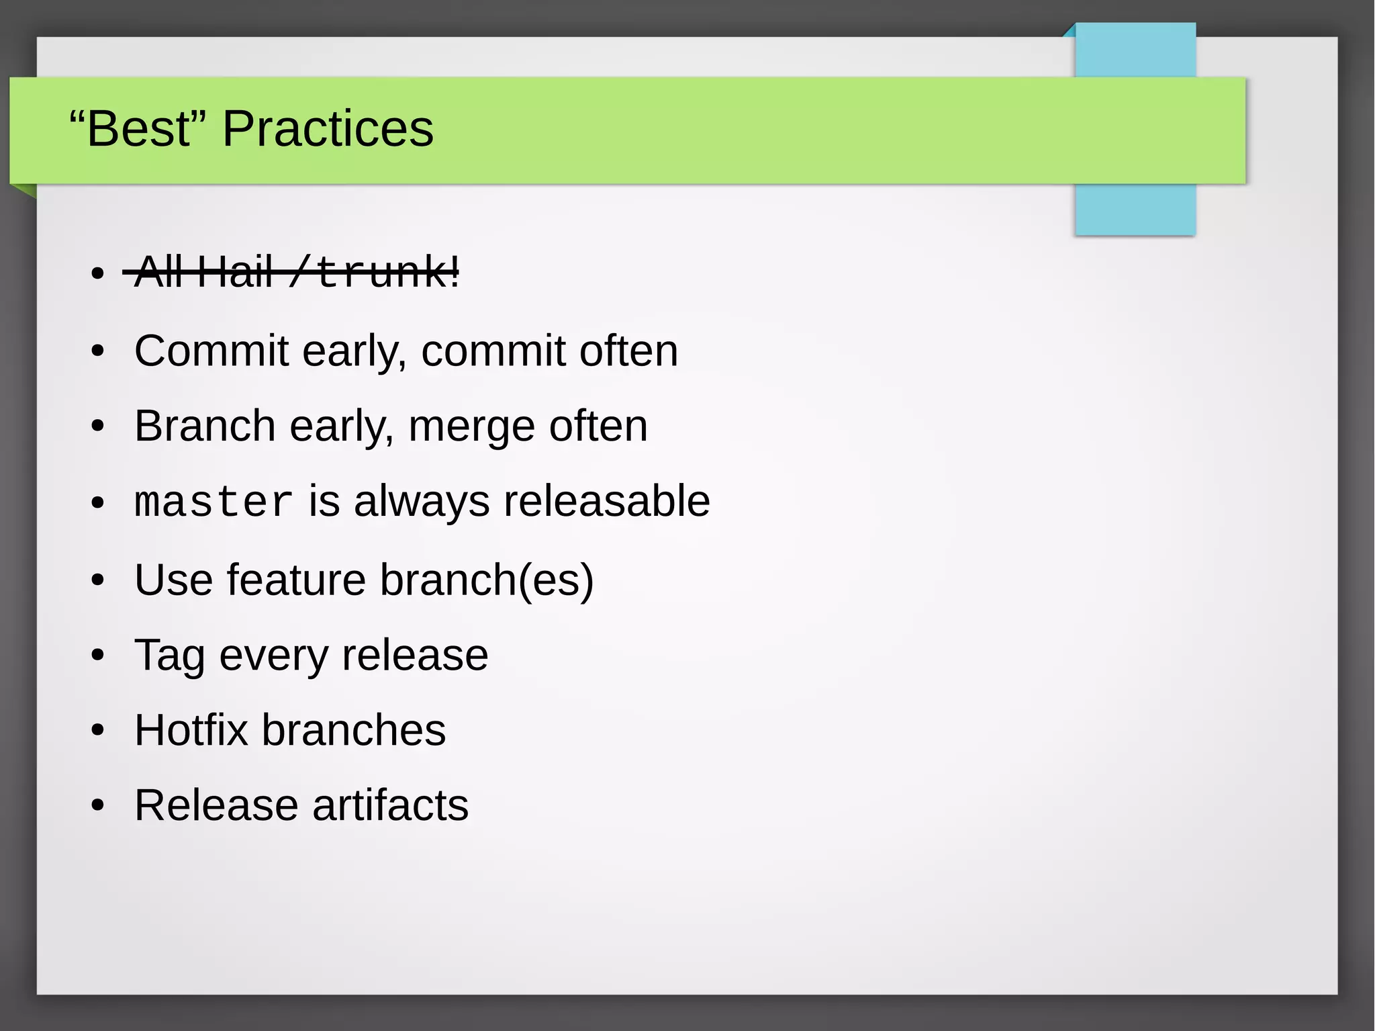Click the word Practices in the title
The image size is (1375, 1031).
click(328, 129)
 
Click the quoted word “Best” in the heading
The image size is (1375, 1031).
click(139, 129)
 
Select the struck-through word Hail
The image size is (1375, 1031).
click(234, 272)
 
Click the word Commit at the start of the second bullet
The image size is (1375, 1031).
click(211, 351)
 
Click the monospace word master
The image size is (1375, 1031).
click(213, 502)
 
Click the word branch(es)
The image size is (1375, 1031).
click(487, 581)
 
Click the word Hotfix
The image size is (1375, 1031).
click(191, 730)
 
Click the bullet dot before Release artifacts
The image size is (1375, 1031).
click(98, 805)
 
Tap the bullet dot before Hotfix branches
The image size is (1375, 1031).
click(98, 730)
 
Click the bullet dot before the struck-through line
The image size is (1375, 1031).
click(98, 273)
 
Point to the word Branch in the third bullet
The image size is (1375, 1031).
click(205, 427)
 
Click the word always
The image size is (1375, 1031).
click(422, 502)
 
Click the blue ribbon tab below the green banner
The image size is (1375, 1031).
click(1135, 210)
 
